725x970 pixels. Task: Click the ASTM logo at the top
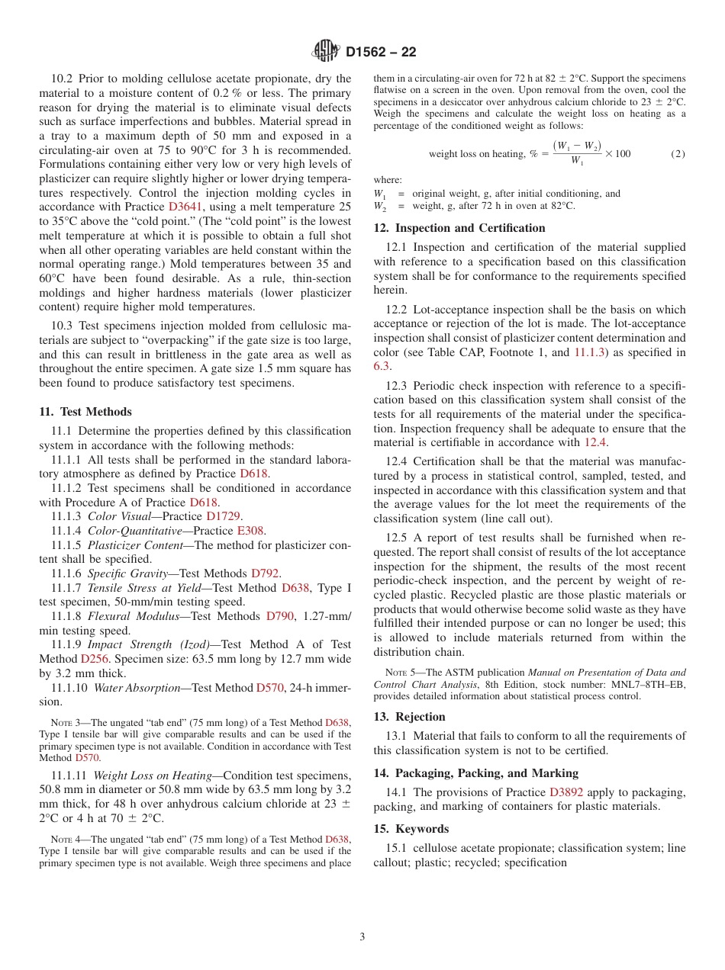pos(327,52)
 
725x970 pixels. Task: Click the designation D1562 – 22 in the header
pos(380,53)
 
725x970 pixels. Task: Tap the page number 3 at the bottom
pos(362,936)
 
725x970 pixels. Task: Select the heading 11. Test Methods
pos(85,412)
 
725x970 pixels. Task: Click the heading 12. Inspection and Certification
pos(459,228)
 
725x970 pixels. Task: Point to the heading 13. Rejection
pos(410,717)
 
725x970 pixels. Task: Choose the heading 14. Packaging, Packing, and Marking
pos(476,773)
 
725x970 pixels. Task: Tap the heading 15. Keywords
pos(411,829)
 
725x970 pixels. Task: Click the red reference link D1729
pos(224,516)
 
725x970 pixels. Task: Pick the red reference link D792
pos(266,573)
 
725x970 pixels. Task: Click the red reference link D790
pos(279,616)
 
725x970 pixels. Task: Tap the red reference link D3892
pos(566,792)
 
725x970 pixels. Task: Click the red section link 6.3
pos(382,366)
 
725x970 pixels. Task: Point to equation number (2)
pos(678,153)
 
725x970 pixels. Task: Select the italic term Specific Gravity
pos(127,573)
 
